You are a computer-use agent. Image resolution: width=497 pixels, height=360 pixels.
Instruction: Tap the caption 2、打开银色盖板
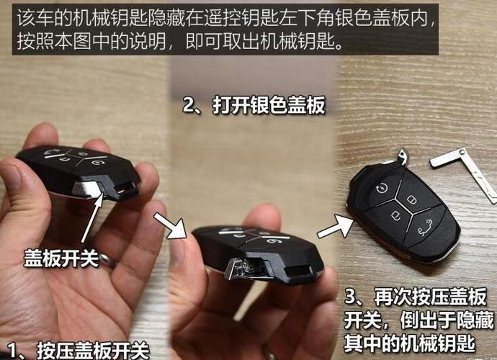(254, 106)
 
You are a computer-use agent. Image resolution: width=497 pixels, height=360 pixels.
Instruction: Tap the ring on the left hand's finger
(108, 260)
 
